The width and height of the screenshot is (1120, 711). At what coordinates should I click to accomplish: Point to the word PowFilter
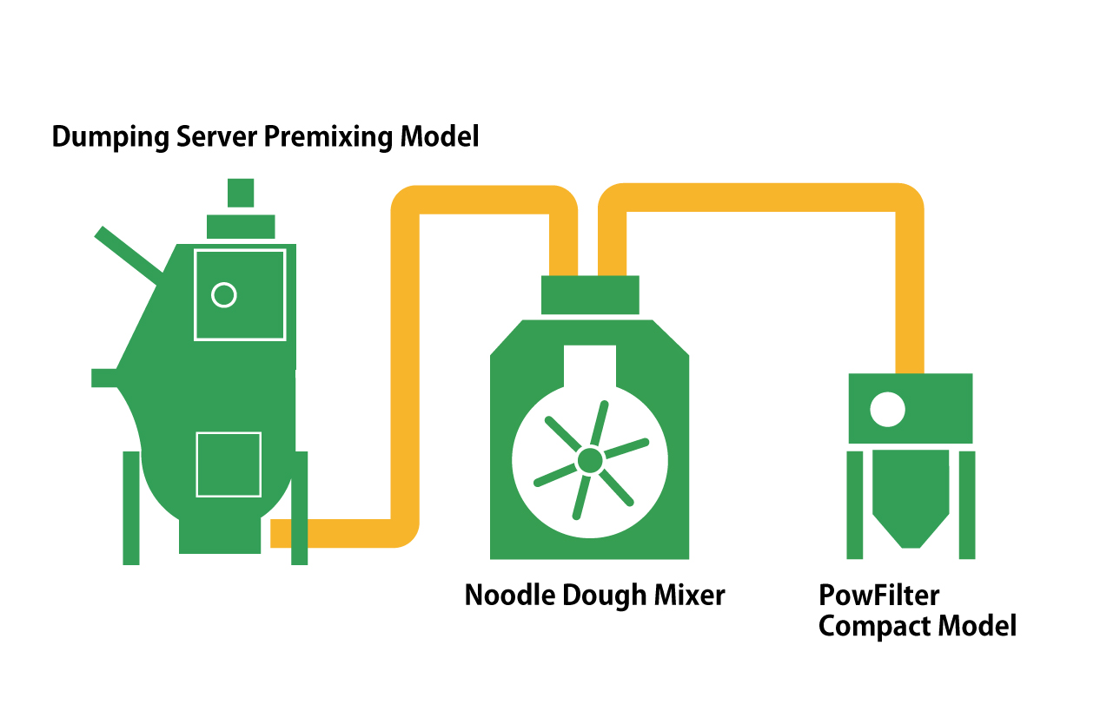(x=878, y=596)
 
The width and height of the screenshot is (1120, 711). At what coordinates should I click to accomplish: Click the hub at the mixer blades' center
(x=590, y=460)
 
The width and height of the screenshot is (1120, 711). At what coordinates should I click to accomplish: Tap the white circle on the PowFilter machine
(x=887, y=409)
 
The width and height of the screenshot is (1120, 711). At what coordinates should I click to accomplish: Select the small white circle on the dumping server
(x=224, y=295)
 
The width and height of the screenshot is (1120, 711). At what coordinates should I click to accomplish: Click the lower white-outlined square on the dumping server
(x=229, y=464)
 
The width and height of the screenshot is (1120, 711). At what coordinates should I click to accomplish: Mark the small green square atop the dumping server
(x=241, y=193)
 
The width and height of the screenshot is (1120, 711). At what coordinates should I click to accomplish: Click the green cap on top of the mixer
(x=590, y=295)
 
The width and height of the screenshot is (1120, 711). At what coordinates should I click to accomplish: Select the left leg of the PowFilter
(x=855, y=504)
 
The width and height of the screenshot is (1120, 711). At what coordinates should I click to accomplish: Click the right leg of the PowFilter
(x=966, y=504)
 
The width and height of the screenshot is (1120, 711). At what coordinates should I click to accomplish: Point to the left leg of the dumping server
(x=131, y=508)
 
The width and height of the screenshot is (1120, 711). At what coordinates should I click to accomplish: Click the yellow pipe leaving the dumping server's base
(x=339, y=533)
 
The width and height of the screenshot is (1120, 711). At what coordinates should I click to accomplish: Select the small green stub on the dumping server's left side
(x=104, y=378)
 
